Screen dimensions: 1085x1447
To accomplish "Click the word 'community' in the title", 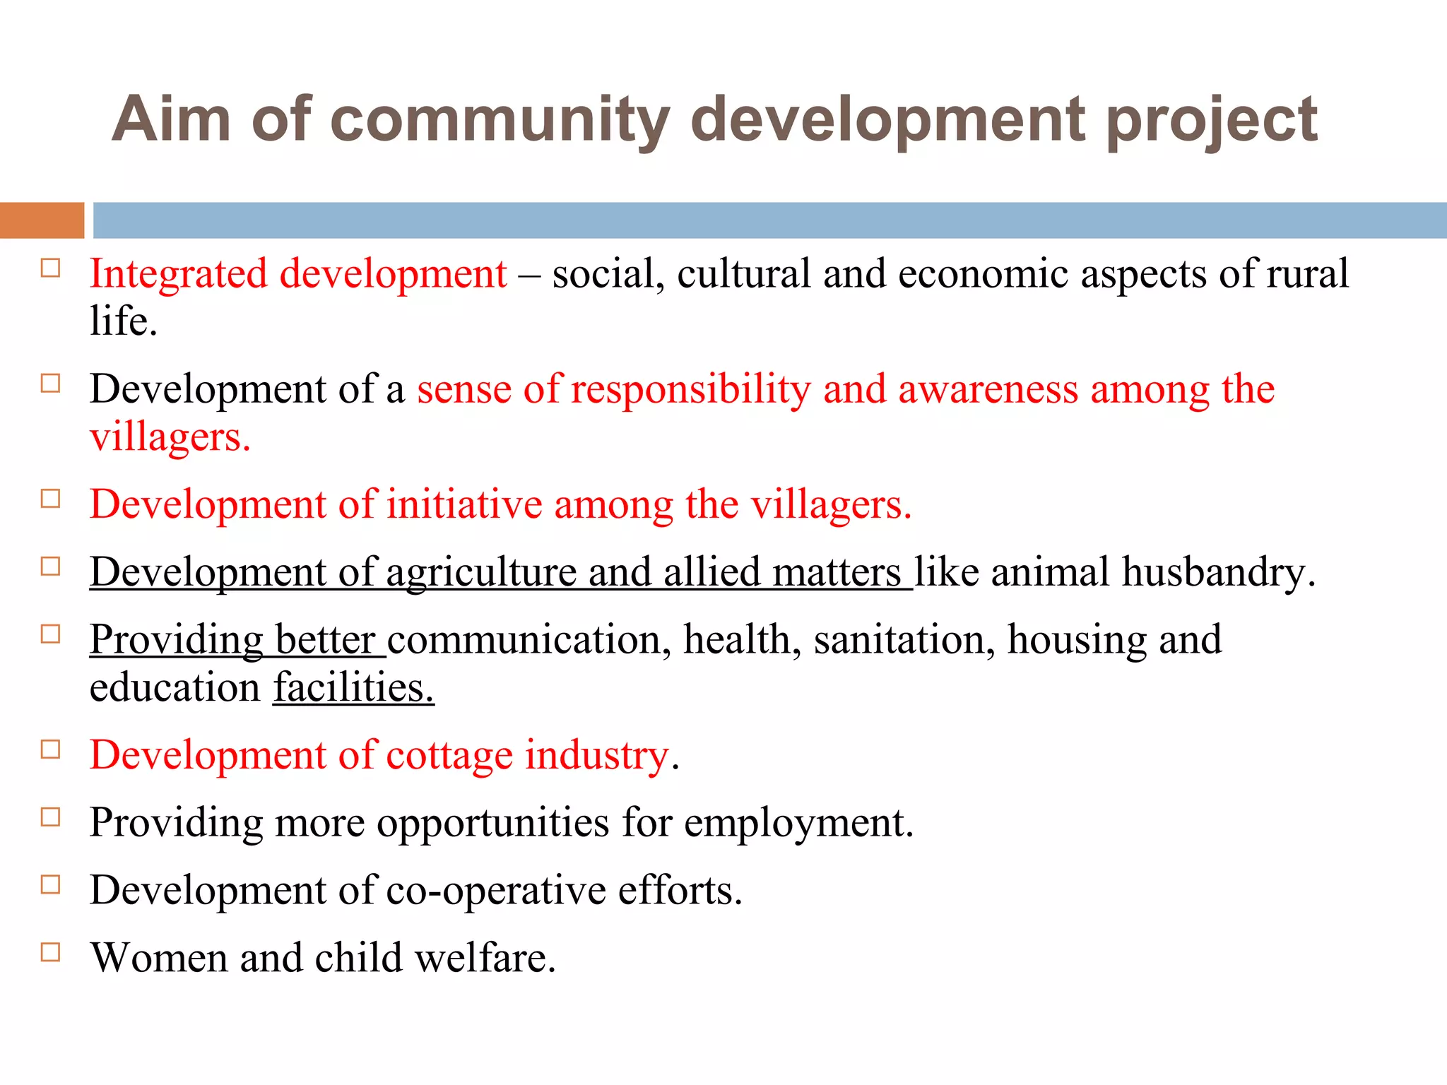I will pos(500,120).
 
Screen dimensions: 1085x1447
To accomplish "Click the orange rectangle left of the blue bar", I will pos(42,220).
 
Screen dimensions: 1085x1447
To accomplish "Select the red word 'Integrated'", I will pos(179,274).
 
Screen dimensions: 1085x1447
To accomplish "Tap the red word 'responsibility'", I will pos(690,389).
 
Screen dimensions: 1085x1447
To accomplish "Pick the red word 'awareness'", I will pos(988,389).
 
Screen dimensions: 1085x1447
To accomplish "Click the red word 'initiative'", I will pos(464,504).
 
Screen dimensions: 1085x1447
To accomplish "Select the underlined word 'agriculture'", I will pos(480,571).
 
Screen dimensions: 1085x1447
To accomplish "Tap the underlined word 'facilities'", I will pos(353,687).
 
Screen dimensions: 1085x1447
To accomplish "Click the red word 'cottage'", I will pos(449,755).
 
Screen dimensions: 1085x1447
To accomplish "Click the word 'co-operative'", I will pos(496,890).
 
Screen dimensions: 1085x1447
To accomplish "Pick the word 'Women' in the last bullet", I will pos(159,958).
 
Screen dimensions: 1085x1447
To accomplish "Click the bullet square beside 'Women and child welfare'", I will pos(51,952).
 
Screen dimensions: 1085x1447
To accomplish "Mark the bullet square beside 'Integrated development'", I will pos(51,268).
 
